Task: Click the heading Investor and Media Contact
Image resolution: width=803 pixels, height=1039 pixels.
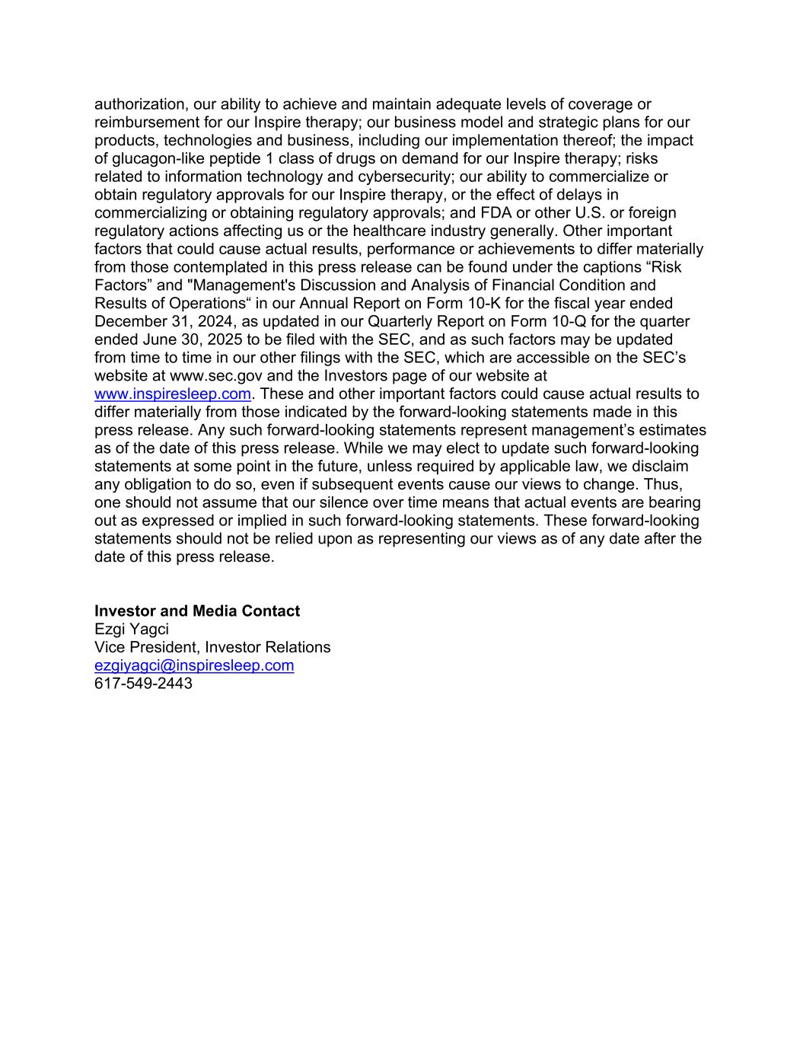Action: point(197,611)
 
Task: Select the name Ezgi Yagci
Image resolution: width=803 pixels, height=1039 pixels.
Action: point(132,629)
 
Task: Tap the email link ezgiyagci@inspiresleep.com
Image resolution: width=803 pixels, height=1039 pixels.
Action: point(194,665)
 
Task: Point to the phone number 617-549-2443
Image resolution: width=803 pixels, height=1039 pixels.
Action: point(143,684)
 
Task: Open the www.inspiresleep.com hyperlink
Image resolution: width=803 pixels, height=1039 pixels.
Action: point(173,394)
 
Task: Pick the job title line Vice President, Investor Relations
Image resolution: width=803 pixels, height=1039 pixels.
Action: point(212,648)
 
